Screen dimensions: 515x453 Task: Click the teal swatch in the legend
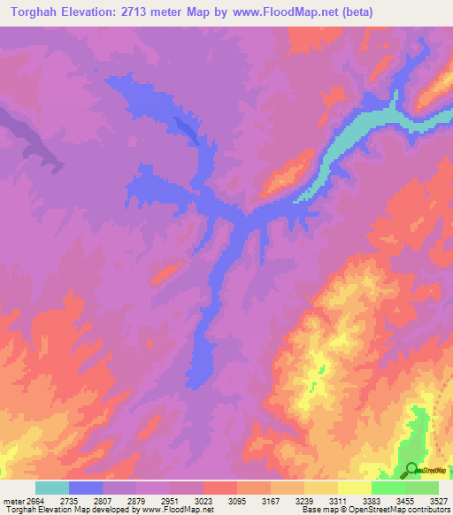[x=52, y=488]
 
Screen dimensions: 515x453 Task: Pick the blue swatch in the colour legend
[x=86, y=488]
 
